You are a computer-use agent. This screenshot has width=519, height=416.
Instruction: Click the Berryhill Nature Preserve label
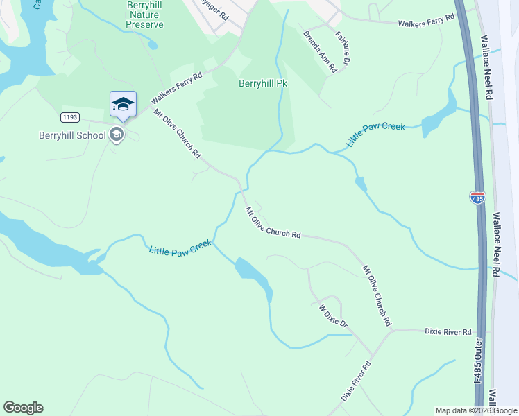[145, 15]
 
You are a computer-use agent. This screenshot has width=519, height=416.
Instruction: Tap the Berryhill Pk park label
[263, 84]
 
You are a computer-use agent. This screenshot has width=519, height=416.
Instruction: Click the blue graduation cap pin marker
[123, 105]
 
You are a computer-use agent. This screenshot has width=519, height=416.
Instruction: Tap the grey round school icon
[117, 135]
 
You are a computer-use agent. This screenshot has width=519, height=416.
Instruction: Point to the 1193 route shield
[69, 116]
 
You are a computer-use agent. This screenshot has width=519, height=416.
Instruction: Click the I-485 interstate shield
[477, 198]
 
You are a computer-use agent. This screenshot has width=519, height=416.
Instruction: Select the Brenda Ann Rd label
[320, 51]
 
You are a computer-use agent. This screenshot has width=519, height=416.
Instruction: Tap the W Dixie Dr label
[332, 315]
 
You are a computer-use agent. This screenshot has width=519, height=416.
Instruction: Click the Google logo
[23, 408]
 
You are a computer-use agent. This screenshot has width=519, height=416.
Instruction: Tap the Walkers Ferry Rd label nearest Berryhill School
[176, 89]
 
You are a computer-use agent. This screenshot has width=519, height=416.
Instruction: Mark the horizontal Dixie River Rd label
[448, 332]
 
